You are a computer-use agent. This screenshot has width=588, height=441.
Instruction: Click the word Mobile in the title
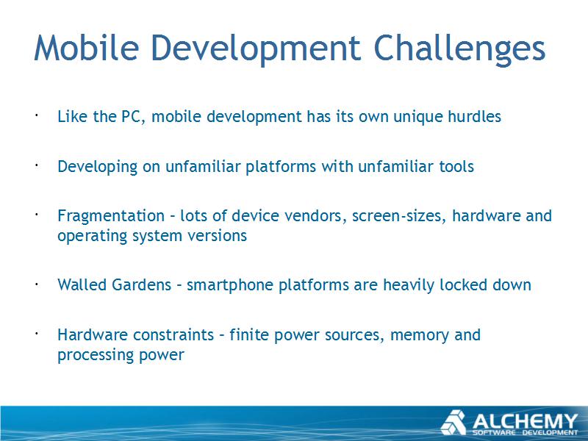[86, 48]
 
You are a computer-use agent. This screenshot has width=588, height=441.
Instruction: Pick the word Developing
[98, 168]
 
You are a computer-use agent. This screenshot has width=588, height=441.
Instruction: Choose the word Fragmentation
[111, 216]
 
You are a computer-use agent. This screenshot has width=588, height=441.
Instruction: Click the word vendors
[315, 216]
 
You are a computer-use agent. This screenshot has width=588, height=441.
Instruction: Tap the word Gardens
[142, 285]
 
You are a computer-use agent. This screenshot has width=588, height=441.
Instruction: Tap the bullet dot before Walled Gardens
[37, 284]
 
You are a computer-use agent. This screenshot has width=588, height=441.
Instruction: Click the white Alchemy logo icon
[453, 423]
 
